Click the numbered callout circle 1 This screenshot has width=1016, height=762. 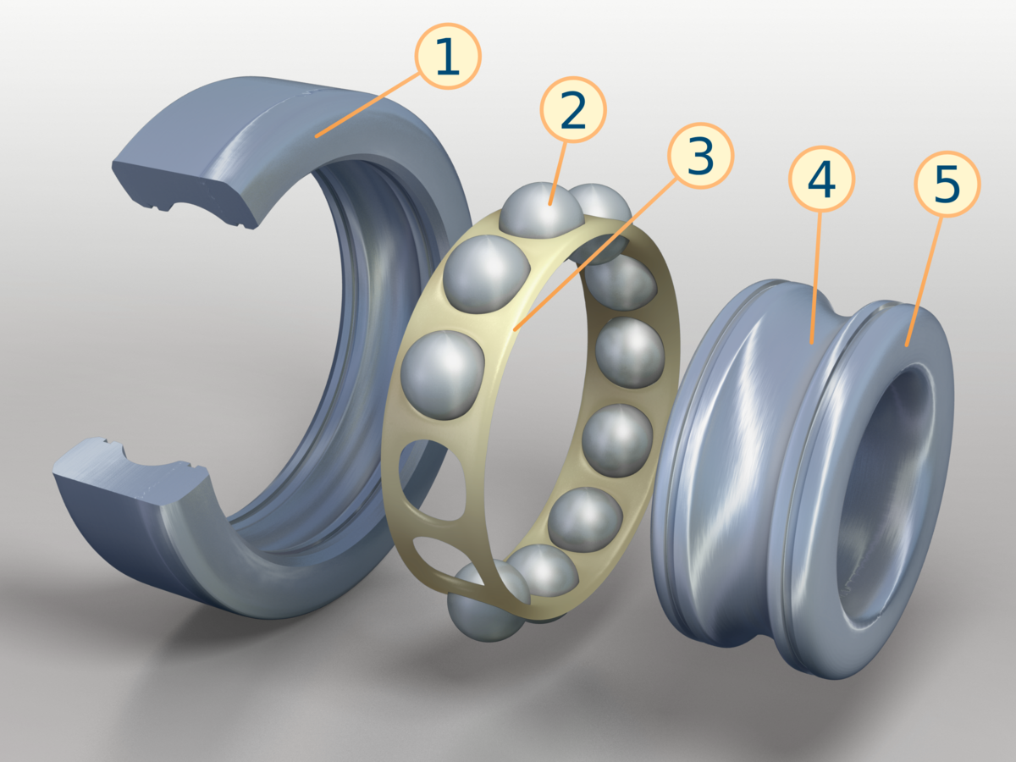pyautogui.click(x=448, y=56)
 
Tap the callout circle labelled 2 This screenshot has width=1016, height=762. pyautogui.click(x=573, y=110)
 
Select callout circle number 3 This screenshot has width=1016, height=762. pyautogui.click(x=700, y=156)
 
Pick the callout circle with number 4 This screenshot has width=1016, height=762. pyautogui.click(x=821, y=179)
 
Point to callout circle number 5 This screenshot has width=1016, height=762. pyautogui.click(x=947, y=184)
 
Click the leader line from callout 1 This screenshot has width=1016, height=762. pyautogui.click(x=367, y=105)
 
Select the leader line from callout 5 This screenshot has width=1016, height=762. pyautogui.click(x=924, y=281)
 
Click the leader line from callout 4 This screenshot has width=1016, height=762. pyautogui.click(x=815, y=278)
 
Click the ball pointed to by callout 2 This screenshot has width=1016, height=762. pyautogui.click(x=542, y=211)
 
